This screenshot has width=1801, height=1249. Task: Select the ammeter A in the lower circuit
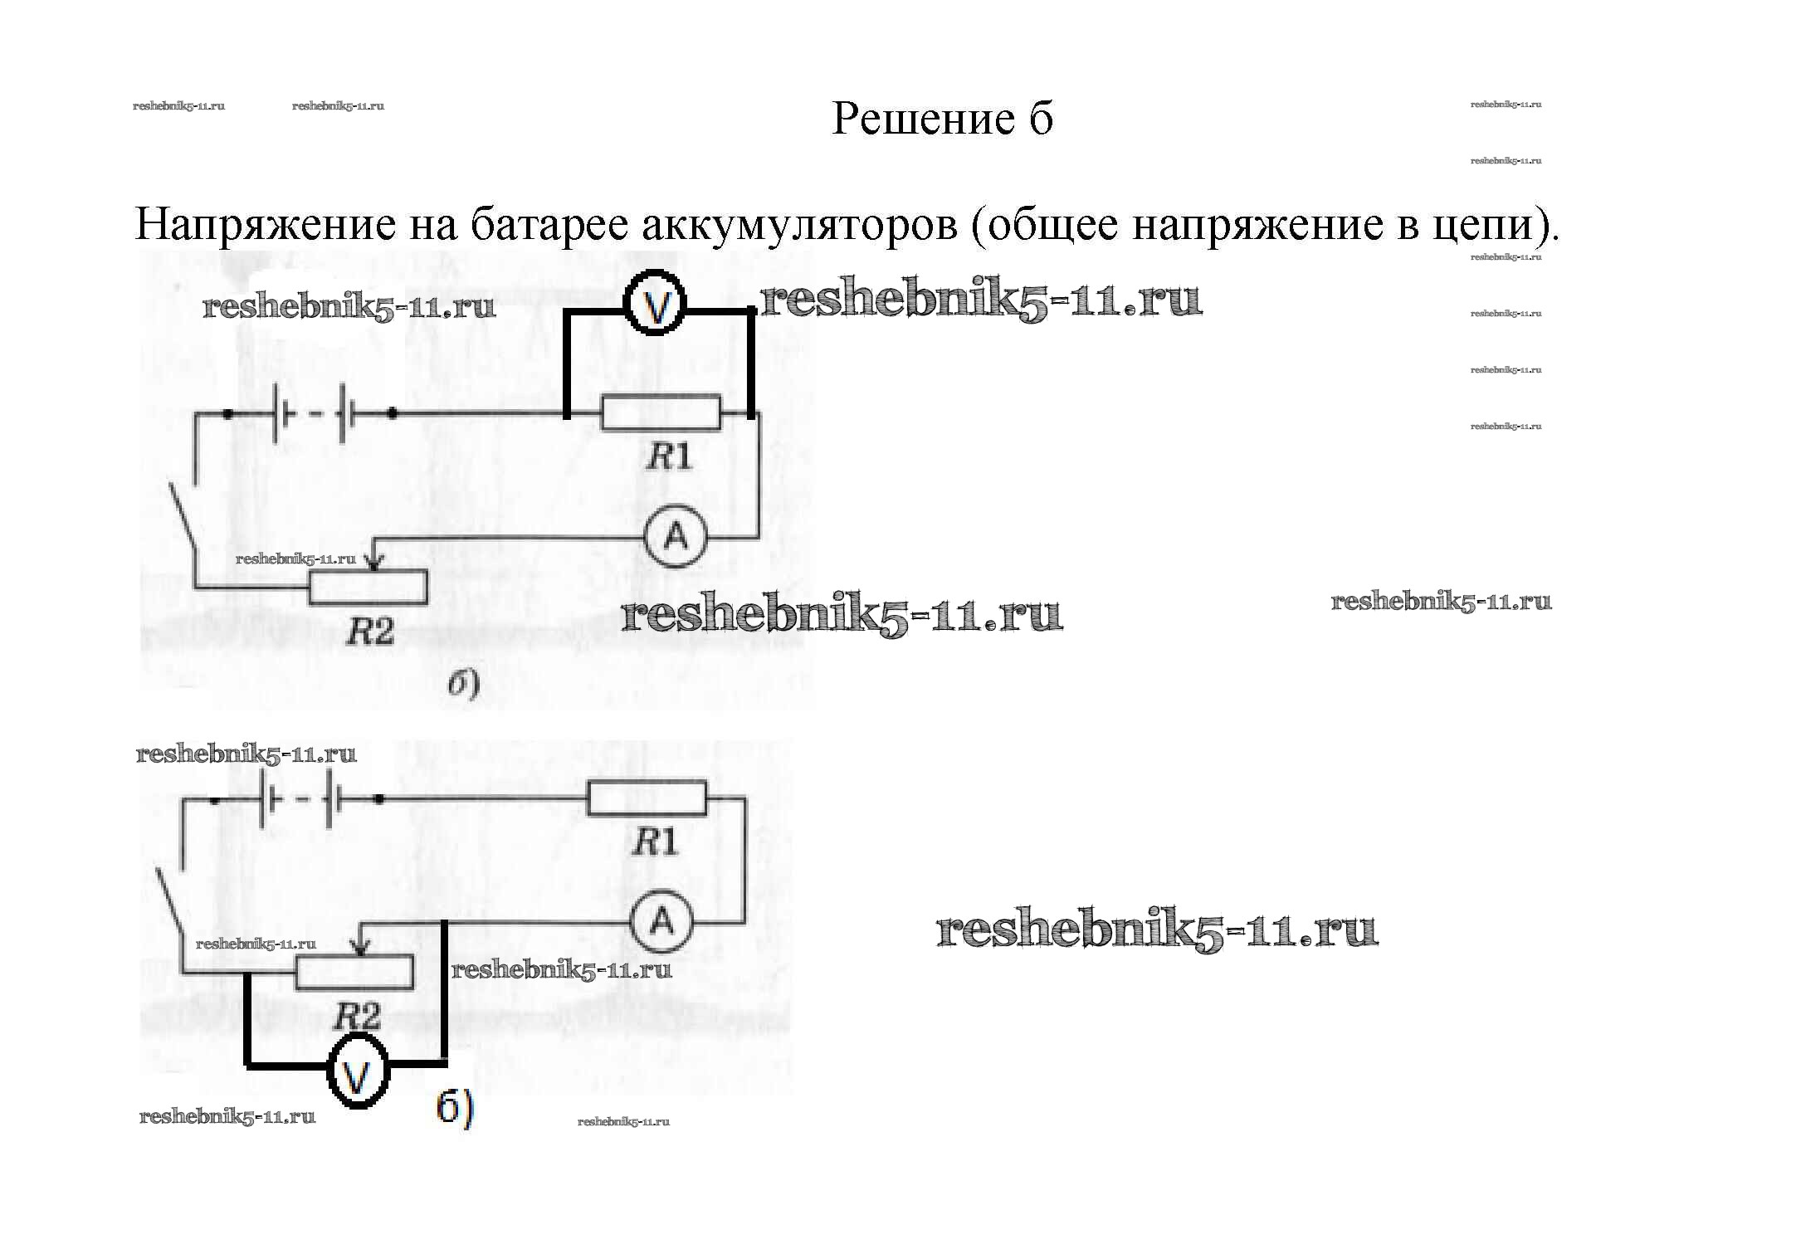(661, 921)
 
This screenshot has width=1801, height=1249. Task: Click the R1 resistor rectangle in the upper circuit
(661, 413)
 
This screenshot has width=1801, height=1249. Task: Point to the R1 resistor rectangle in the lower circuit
(647, 798)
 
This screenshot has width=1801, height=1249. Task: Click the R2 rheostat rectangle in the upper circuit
(368, 587)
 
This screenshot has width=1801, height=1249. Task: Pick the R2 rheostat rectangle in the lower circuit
(354, 972)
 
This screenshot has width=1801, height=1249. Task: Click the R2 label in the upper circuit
(369, 632)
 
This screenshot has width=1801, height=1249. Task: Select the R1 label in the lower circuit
(655, 842)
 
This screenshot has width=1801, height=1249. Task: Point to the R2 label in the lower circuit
(359, 1016)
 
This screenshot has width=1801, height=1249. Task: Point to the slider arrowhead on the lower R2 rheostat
(360, 948)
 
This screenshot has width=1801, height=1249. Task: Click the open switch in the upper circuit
(183, 523)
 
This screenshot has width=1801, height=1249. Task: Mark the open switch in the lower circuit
(169, 909)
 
